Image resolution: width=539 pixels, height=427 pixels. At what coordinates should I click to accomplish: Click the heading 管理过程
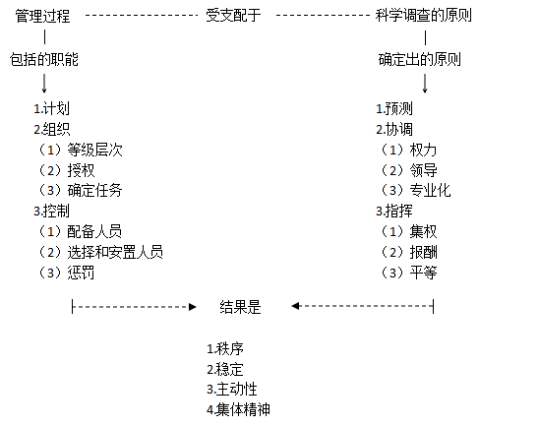pyautogui.click(x=42, y=16)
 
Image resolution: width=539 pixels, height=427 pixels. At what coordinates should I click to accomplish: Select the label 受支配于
pyautogui.click(x=233, y=16)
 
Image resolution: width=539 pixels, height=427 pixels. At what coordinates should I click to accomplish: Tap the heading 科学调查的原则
pyautogui.click(x=424, y=16)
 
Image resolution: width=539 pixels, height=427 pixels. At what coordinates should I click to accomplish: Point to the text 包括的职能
pyautogui.click(x=44, y=59)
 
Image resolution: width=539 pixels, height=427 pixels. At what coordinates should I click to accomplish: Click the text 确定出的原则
pyautogui.click(x=419, y=59)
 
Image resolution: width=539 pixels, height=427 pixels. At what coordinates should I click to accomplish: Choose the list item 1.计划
pyautogui.click(x=51, y=108)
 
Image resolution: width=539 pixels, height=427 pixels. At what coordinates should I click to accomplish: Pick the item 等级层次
pyautogui.click(x=94, y=150)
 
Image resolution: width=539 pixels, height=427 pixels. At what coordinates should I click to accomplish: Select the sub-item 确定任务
pyautogui.click(x=94, y=191)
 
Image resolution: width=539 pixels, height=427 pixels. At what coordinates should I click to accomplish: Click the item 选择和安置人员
pyautogui.click(x=115, y=252)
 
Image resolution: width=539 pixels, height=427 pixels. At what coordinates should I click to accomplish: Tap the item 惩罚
pyautogui.click(x=81, y=273)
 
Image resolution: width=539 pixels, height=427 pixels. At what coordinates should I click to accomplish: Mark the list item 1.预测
pyautogui.click(x=394, y=108)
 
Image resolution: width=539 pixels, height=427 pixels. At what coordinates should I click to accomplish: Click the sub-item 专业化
pyautogui.click(x=431, y=191)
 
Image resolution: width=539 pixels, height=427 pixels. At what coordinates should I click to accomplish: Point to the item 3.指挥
pyautogui.click(x=394, y=211)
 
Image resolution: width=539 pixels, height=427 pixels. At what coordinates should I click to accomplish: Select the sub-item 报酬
pyautogui.click(x=424, y=252)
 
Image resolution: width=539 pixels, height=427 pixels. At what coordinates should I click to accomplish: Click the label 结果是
pyautogui.click(x=241, y=307)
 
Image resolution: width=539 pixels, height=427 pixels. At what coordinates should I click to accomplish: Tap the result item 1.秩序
pyautogui.click(x=225, y=349)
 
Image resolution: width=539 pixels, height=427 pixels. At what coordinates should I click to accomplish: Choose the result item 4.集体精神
pyautogui.click(x=239, y=409)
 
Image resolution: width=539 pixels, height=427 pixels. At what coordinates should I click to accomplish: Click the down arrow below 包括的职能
pyautogui.click(x=44, y=84)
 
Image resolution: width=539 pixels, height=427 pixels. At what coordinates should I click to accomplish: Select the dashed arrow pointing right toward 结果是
pyautogui.click(x=134, y=307)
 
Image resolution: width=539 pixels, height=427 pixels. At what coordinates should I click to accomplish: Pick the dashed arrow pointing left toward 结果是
pyautogui.click(x=363, y=306)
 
